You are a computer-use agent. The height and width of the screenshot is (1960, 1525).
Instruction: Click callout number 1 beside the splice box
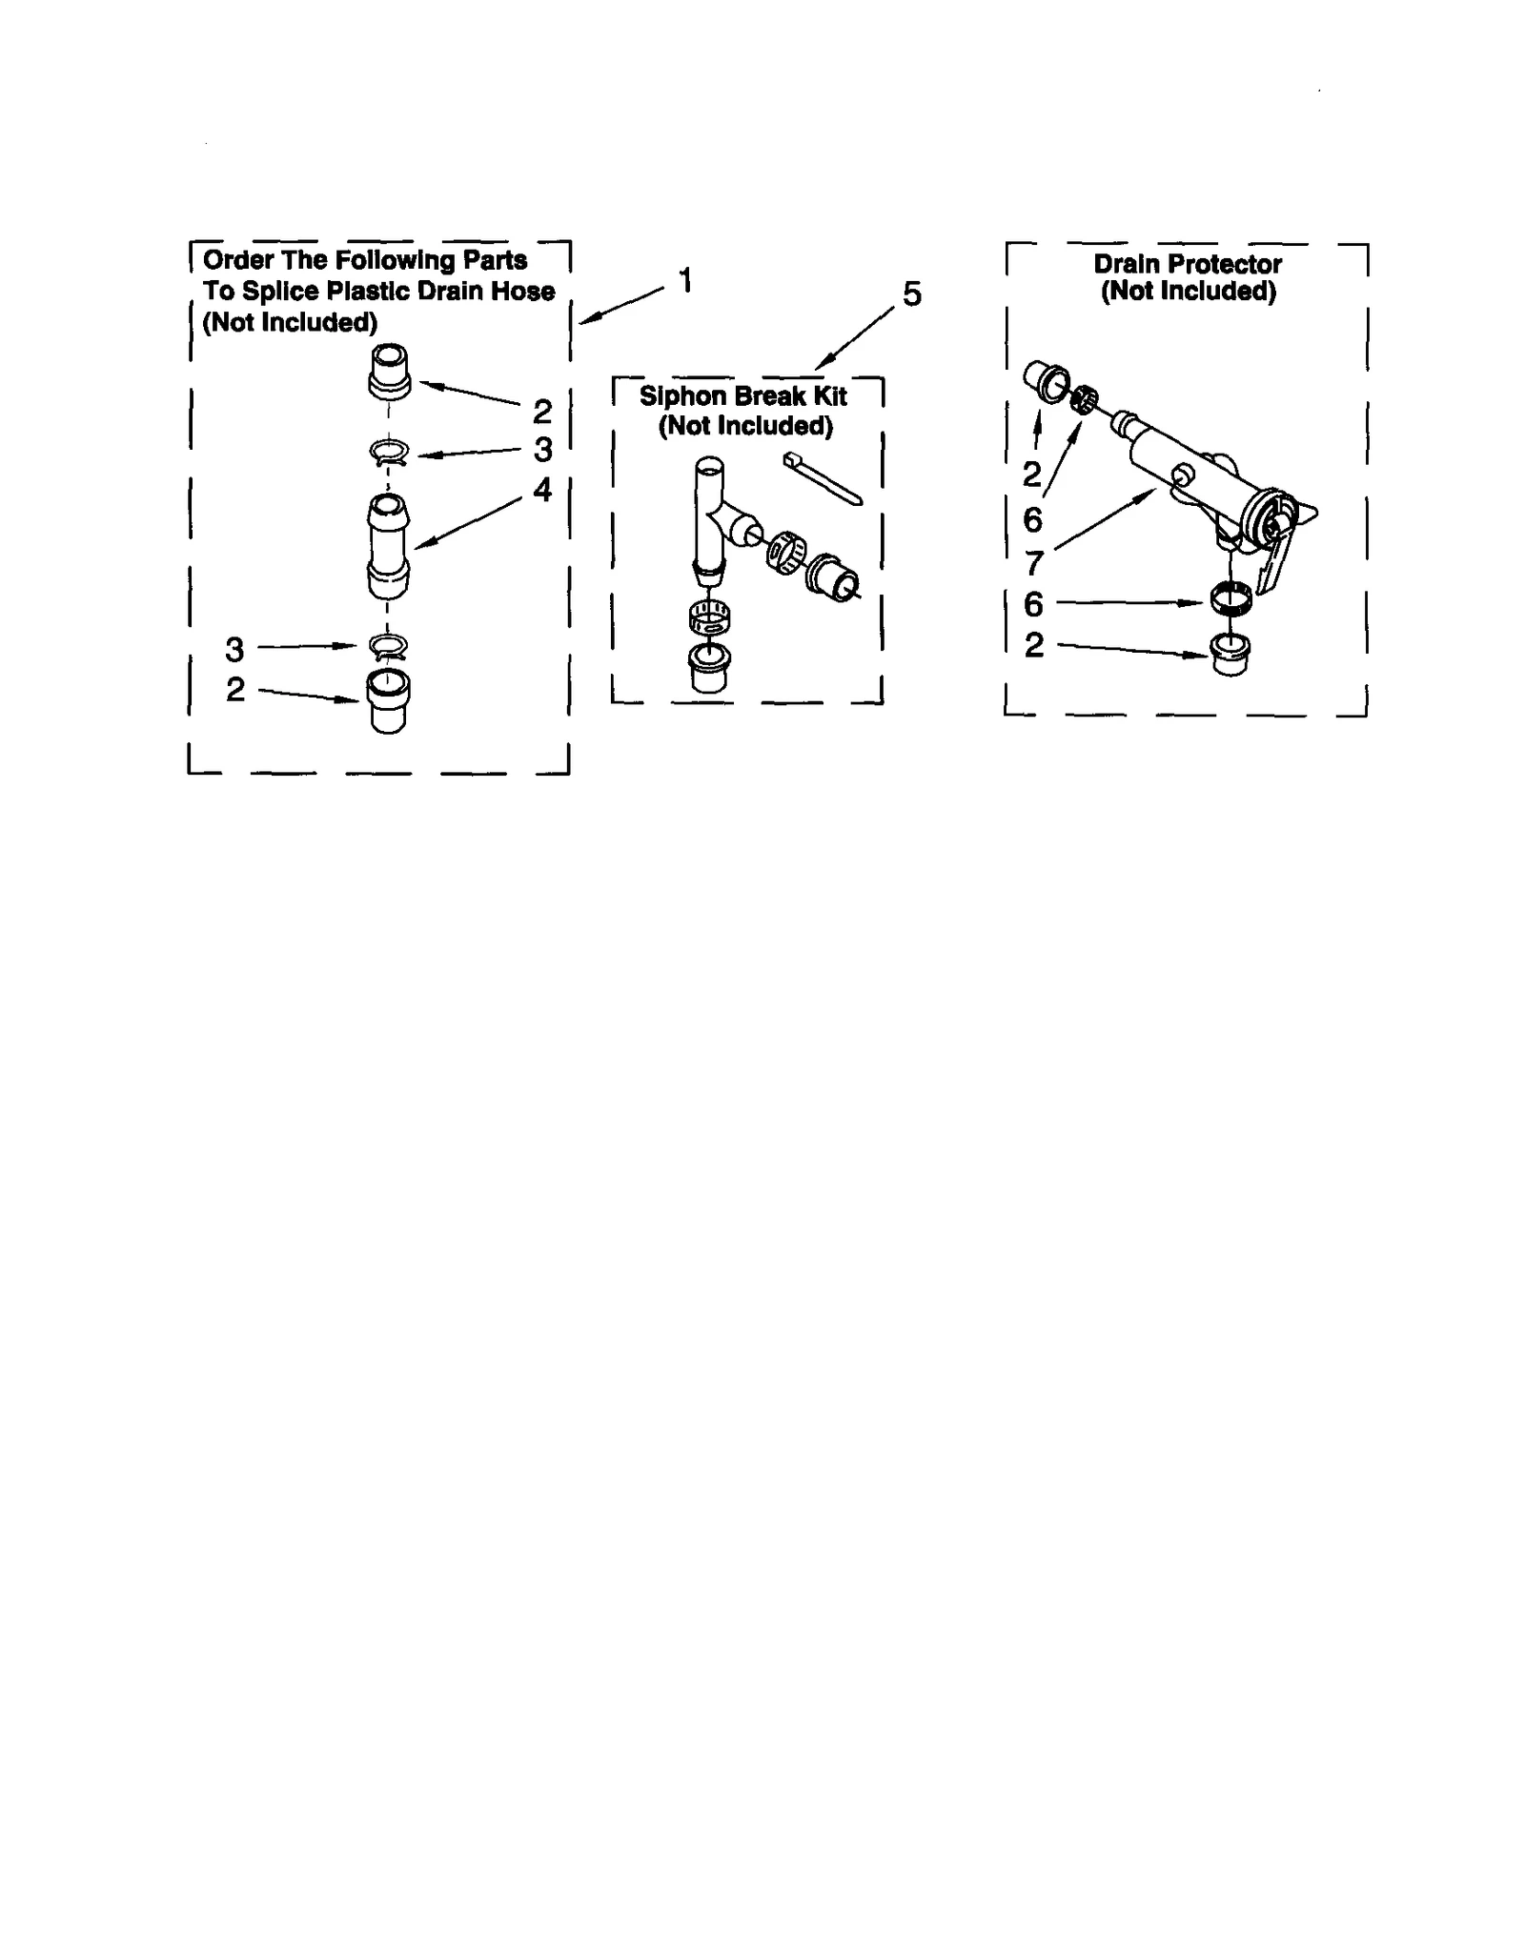(685, 280)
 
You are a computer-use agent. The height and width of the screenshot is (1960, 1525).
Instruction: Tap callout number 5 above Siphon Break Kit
(912, 294)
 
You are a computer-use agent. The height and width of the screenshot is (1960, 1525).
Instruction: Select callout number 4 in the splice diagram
(542, 490)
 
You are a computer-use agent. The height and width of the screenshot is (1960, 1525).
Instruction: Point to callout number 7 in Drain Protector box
(1034, 562)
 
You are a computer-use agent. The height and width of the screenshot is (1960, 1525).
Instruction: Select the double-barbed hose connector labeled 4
(388, 546)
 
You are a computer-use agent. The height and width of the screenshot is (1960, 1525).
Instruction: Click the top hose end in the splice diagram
(389, 370)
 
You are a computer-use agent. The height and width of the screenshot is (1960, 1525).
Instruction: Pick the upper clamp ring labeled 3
(389, 454)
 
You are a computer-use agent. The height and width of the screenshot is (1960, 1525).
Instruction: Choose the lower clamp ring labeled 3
(388, 647)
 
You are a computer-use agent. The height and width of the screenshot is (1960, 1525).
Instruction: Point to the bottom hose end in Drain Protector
(1230, 655)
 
